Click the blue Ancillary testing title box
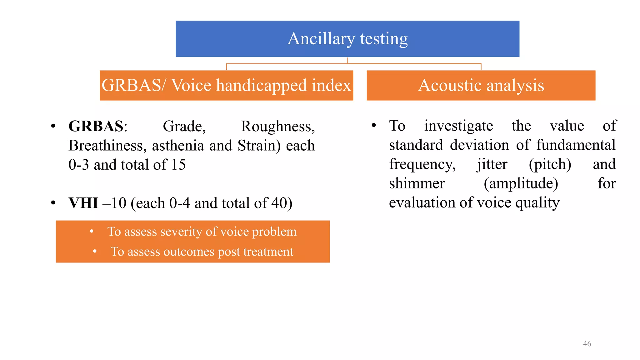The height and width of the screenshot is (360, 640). pyautogui.click(x=347, y=39)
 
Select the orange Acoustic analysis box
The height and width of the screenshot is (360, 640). pyautogui.click(x=481, y=85)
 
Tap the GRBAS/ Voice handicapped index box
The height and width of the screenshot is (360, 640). pyautogui.click(x=226, y=85)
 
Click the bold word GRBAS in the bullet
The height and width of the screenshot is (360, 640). pyautogui.click(x=96, y=127)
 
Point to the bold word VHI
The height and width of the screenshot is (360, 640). pyautogui.click(x=83, y=203)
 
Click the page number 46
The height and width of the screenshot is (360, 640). pyautogui.click(x=587, y=344)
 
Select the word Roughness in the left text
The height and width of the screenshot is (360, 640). pyautogui.click(x=278, y=127)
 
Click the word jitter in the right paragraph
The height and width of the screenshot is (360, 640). pyautogui.click(x=492, y=165)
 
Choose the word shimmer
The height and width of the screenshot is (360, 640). pyautogui.click(x=417, y=183)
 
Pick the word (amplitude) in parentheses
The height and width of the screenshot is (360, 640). pyautogui.click(x=521, y=184)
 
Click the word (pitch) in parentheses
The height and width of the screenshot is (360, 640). pyautogui.click(x=550, y=165)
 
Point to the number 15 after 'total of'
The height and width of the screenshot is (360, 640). pyautogui.click(x=178, y=165)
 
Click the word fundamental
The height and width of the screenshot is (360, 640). pyautogui.click(x=576, y=145)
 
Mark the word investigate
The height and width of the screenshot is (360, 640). pyautogui.click(x=458, y=126)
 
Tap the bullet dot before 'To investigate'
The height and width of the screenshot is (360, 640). pyautogui.click(x=373, y=126)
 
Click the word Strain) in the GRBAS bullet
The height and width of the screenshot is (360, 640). pyautogui.click(x=259, y=146)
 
